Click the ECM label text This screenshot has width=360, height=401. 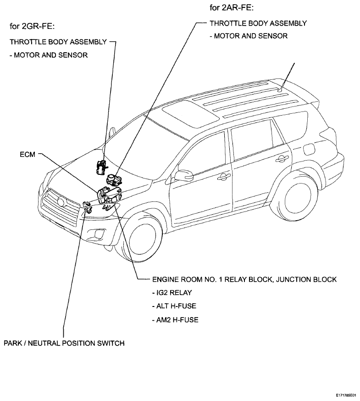coord(28,154)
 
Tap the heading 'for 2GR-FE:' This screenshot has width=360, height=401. coord(32,26)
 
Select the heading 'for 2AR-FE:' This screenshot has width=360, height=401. coord(232,8)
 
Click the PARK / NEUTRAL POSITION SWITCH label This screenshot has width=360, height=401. coord(64,343)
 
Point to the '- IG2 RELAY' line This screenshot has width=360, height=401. coord(172,293)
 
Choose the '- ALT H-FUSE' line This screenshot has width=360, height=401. coord(174,306)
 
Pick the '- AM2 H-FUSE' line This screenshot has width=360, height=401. coord(175,320)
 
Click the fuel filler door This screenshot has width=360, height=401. coord(310,150)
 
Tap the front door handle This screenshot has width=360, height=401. coord(224,176)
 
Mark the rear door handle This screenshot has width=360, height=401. coord(282,159)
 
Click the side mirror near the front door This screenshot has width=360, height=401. coord(183,175)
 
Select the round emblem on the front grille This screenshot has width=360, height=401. coord(61,202)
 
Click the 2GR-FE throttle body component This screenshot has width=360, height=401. coord(101,167)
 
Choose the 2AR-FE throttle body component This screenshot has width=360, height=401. coord(114,179)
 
